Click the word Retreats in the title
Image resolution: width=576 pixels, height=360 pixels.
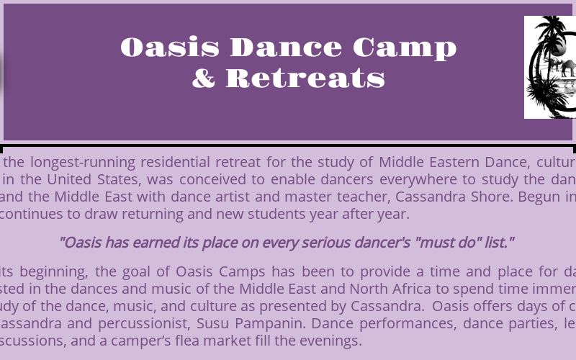click(x=305, y=78)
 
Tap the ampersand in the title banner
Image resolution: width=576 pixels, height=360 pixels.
click(x=204, y=78)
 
